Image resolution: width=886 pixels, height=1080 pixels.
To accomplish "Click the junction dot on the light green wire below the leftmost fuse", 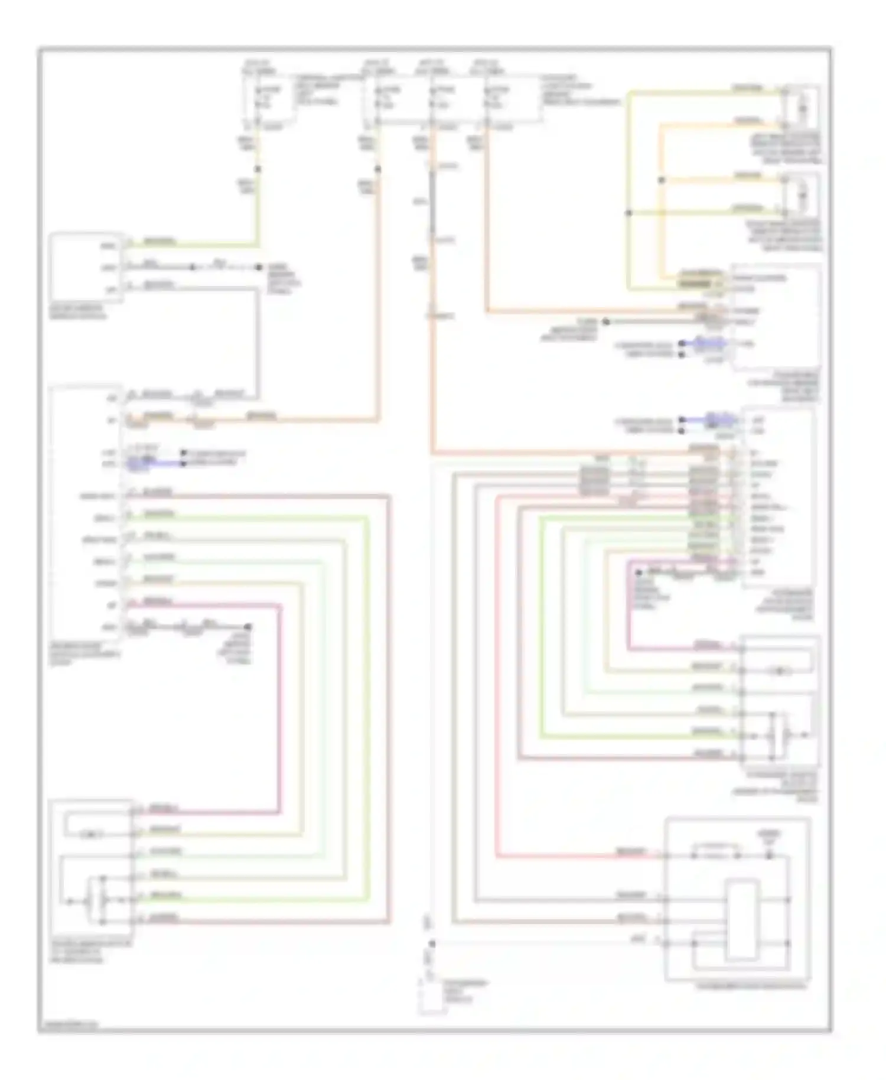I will click(x=258, y=169).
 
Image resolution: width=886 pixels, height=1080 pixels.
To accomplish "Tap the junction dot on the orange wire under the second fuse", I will click(x=378, y=170).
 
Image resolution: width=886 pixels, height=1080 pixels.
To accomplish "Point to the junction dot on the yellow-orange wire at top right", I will click(x=662, y=180).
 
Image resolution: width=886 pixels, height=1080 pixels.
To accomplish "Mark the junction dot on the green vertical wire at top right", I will click(x=629, y=213).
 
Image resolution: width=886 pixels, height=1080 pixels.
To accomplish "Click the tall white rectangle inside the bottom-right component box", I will click(x=742, y=919).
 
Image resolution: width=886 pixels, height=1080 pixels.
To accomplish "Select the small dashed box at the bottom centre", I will click(x=432, y=997).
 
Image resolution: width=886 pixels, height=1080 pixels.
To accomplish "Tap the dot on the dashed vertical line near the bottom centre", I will click(x=432, y=944).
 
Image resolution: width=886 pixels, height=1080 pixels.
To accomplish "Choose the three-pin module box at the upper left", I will click(x=86, y=267).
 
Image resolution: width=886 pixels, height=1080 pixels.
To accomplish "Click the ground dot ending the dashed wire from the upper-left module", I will click(x=258, y=267).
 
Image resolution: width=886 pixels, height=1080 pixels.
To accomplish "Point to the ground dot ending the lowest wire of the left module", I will click(x=249, y=627).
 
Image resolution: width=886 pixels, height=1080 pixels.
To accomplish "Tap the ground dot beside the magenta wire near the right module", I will click(x=639, y=572).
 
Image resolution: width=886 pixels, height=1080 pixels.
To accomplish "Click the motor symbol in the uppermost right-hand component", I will click(x=802, y=108).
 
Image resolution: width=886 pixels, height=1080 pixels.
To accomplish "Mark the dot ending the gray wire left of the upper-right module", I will click(x=606, y=322).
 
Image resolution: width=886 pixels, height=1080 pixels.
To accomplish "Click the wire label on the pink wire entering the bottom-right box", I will click(x=630, y=851).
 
